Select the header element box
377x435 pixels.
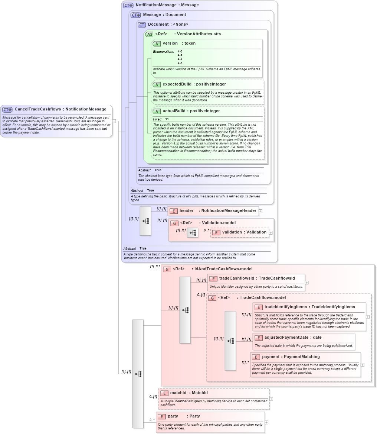tap(213, 211)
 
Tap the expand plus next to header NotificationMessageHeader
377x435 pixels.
tap(260, 211)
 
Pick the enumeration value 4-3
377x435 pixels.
tap(180, 64)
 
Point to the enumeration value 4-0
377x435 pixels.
tap(180, 51)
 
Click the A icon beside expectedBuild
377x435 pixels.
tap(157, 84)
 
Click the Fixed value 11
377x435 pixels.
tap(167, 119)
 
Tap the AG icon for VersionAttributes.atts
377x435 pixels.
tap(149, 34)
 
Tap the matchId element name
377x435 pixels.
tap(178, 393)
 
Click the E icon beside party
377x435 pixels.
tap(161, 416)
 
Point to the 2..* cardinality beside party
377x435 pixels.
tap(152, 420)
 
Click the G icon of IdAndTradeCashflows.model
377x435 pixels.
tap(167, 269)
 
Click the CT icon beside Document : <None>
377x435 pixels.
tap(142, 25)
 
